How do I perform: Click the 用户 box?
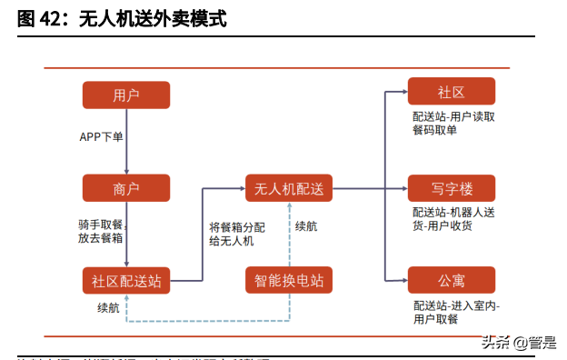tap(126, 95)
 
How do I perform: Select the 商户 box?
tap(126, 188)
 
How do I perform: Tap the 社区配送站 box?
tap(126, 280)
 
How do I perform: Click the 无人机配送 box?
tap(289, 188)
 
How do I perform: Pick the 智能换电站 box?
tap(289, 280)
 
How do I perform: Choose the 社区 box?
tap(451, 91)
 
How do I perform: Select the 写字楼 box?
tap(451, 188)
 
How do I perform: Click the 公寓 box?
tap(451, 279)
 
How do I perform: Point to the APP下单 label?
tap(101, 137)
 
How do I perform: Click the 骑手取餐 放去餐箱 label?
tap(100, 231)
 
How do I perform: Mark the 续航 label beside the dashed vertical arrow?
tap(307, 225)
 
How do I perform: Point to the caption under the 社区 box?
tap(453, 123)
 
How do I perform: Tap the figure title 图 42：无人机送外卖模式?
tap(122, 18)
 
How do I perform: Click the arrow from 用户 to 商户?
tap(126, 141)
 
